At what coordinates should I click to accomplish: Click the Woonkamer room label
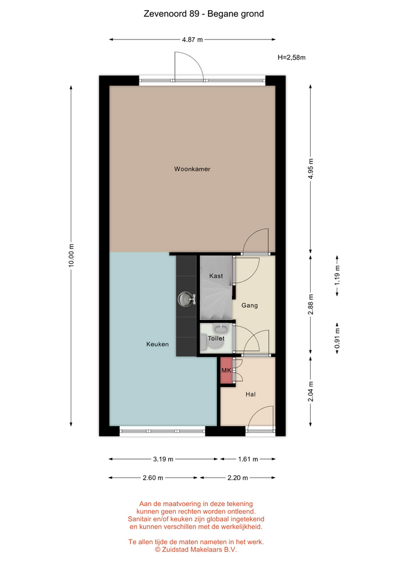point(192,169)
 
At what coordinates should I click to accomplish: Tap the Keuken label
point(157,344)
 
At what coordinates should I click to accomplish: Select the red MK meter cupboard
point(227,370)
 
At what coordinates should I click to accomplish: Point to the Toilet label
point(216,338)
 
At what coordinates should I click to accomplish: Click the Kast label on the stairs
point(216,276)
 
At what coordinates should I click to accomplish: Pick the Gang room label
point(249,305)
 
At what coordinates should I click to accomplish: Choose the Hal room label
point(251,394)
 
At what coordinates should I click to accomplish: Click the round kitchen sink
point(186,299)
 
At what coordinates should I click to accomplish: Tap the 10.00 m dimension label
point(71,256)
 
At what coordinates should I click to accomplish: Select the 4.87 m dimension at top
point(192,40)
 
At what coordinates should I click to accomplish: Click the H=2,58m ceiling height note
point(291,58)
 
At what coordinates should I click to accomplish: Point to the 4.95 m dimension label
point(311,169)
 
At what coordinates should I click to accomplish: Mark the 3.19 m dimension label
point(163,459)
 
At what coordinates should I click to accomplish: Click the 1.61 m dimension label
point(248,459)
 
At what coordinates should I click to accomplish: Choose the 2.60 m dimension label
point(153,478)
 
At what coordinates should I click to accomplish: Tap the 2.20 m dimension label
point(238,478)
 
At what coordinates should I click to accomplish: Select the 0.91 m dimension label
point(337,338)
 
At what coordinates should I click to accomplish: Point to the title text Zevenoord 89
point(172,14)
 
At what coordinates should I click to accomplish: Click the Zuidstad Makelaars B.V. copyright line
point(196,550)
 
